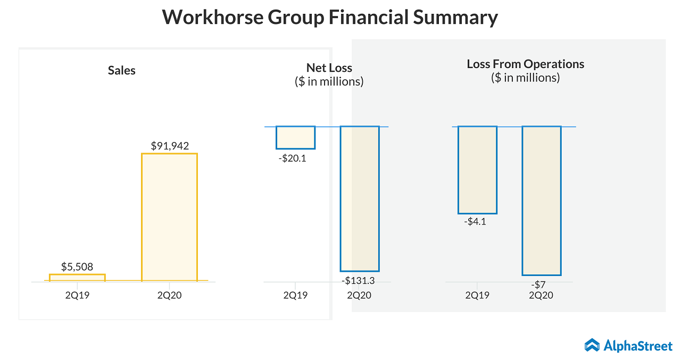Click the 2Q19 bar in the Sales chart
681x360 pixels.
(x=77, y=277)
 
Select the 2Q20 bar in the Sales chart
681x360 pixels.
(x=169, y=216)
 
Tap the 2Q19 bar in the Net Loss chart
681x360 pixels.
(x=295, y=138)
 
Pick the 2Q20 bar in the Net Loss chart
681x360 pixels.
(x=360, y=199)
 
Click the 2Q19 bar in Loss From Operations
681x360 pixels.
(x=477, y=170)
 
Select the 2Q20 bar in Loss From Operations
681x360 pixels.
(x=542, y=200)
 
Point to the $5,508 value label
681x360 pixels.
(x=77, y=267)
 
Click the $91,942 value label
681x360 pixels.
(x=170, y=146)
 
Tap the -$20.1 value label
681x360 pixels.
(x=292, y=158)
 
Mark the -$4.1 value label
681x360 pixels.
(x=475, y=222)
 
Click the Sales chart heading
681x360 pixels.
(x=122, y=71)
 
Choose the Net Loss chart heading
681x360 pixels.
(x=329, y=68)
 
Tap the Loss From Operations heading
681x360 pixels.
(x=525, y=64)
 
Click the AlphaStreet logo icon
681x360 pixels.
(x=592, y=346)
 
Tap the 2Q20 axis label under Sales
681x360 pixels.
(x=169, y=295)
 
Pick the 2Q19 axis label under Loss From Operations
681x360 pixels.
(x=477, y=295)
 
